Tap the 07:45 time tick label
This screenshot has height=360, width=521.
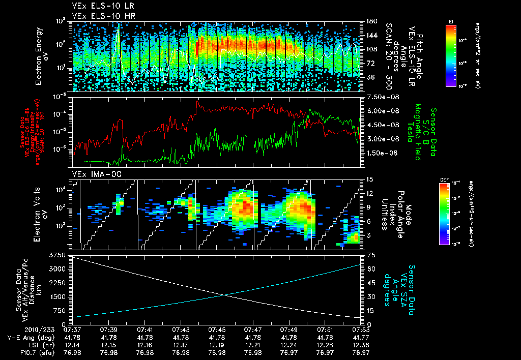[x=217, y=330]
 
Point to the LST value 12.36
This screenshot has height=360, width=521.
[x=361, y=345]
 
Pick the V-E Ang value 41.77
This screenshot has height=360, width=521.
[x=361, y=337]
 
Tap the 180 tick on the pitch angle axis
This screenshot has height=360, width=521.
[x=370, y=21]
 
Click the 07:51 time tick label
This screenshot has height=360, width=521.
[x=325, y=330]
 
